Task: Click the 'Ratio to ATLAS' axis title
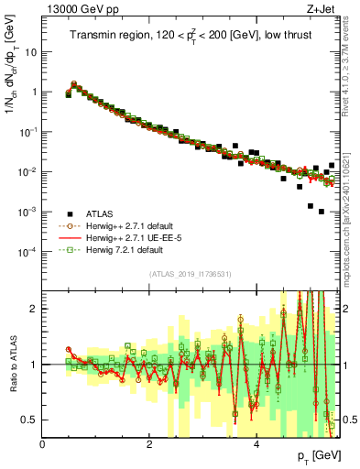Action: coord(12,364)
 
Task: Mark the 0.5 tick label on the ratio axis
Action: coord(30,420)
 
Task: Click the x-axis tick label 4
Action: coord(256,443)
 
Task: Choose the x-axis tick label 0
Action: coord(43,443)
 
